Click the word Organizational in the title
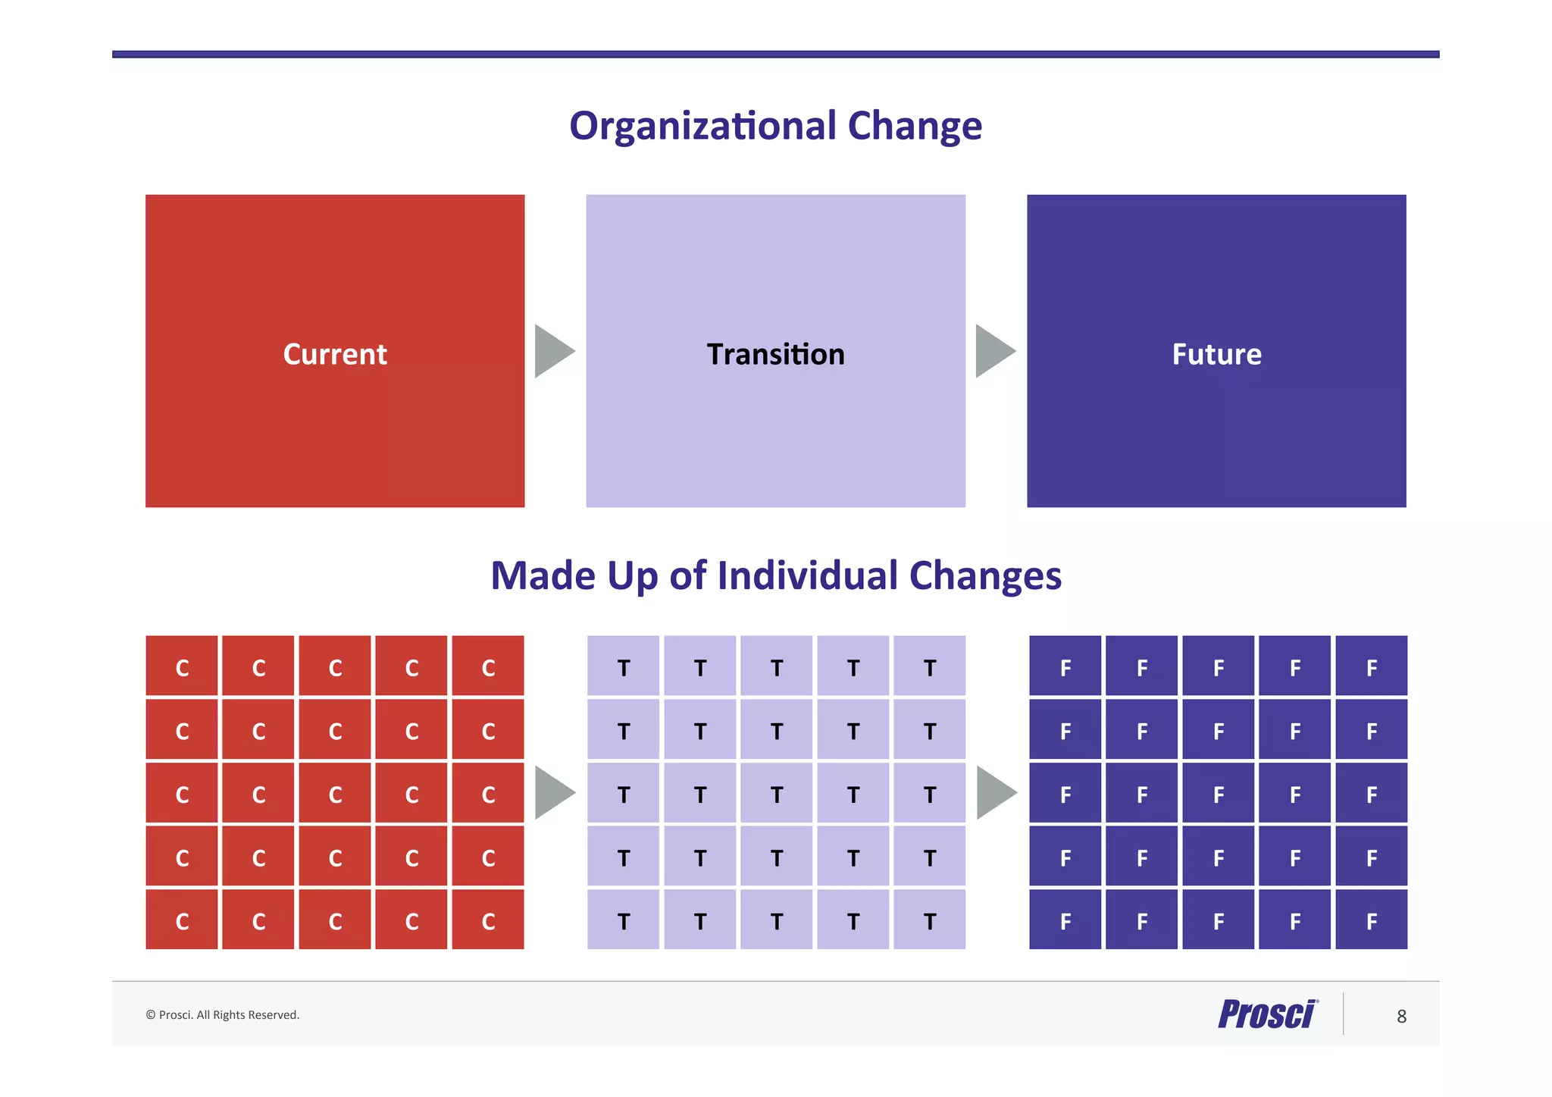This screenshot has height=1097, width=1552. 703,126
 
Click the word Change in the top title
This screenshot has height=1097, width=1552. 915,126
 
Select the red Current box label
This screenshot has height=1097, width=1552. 335,354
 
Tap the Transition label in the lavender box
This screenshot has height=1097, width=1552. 775,354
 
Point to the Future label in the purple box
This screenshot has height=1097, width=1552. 1216,354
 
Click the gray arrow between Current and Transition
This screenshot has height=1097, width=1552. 552,351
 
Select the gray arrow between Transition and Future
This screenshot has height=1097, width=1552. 993,351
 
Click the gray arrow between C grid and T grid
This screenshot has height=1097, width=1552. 552,792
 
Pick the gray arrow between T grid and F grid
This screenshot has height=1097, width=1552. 994,792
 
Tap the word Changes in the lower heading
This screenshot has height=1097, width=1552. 984,575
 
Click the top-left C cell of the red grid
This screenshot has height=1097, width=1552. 182,666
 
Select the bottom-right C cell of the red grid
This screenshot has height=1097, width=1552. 488,920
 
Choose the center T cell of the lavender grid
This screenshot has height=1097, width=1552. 776,793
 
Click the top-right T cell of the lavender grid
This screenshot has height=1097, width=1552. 929,666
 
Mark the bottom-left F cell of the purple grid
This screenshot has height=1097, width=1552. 1065,920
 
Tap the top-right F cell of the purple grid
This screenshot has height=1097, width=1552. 1371,666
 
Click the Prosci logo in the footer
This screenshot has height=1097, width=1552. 1267,1014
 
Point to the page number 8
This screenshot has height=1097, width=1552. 1401,1016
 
